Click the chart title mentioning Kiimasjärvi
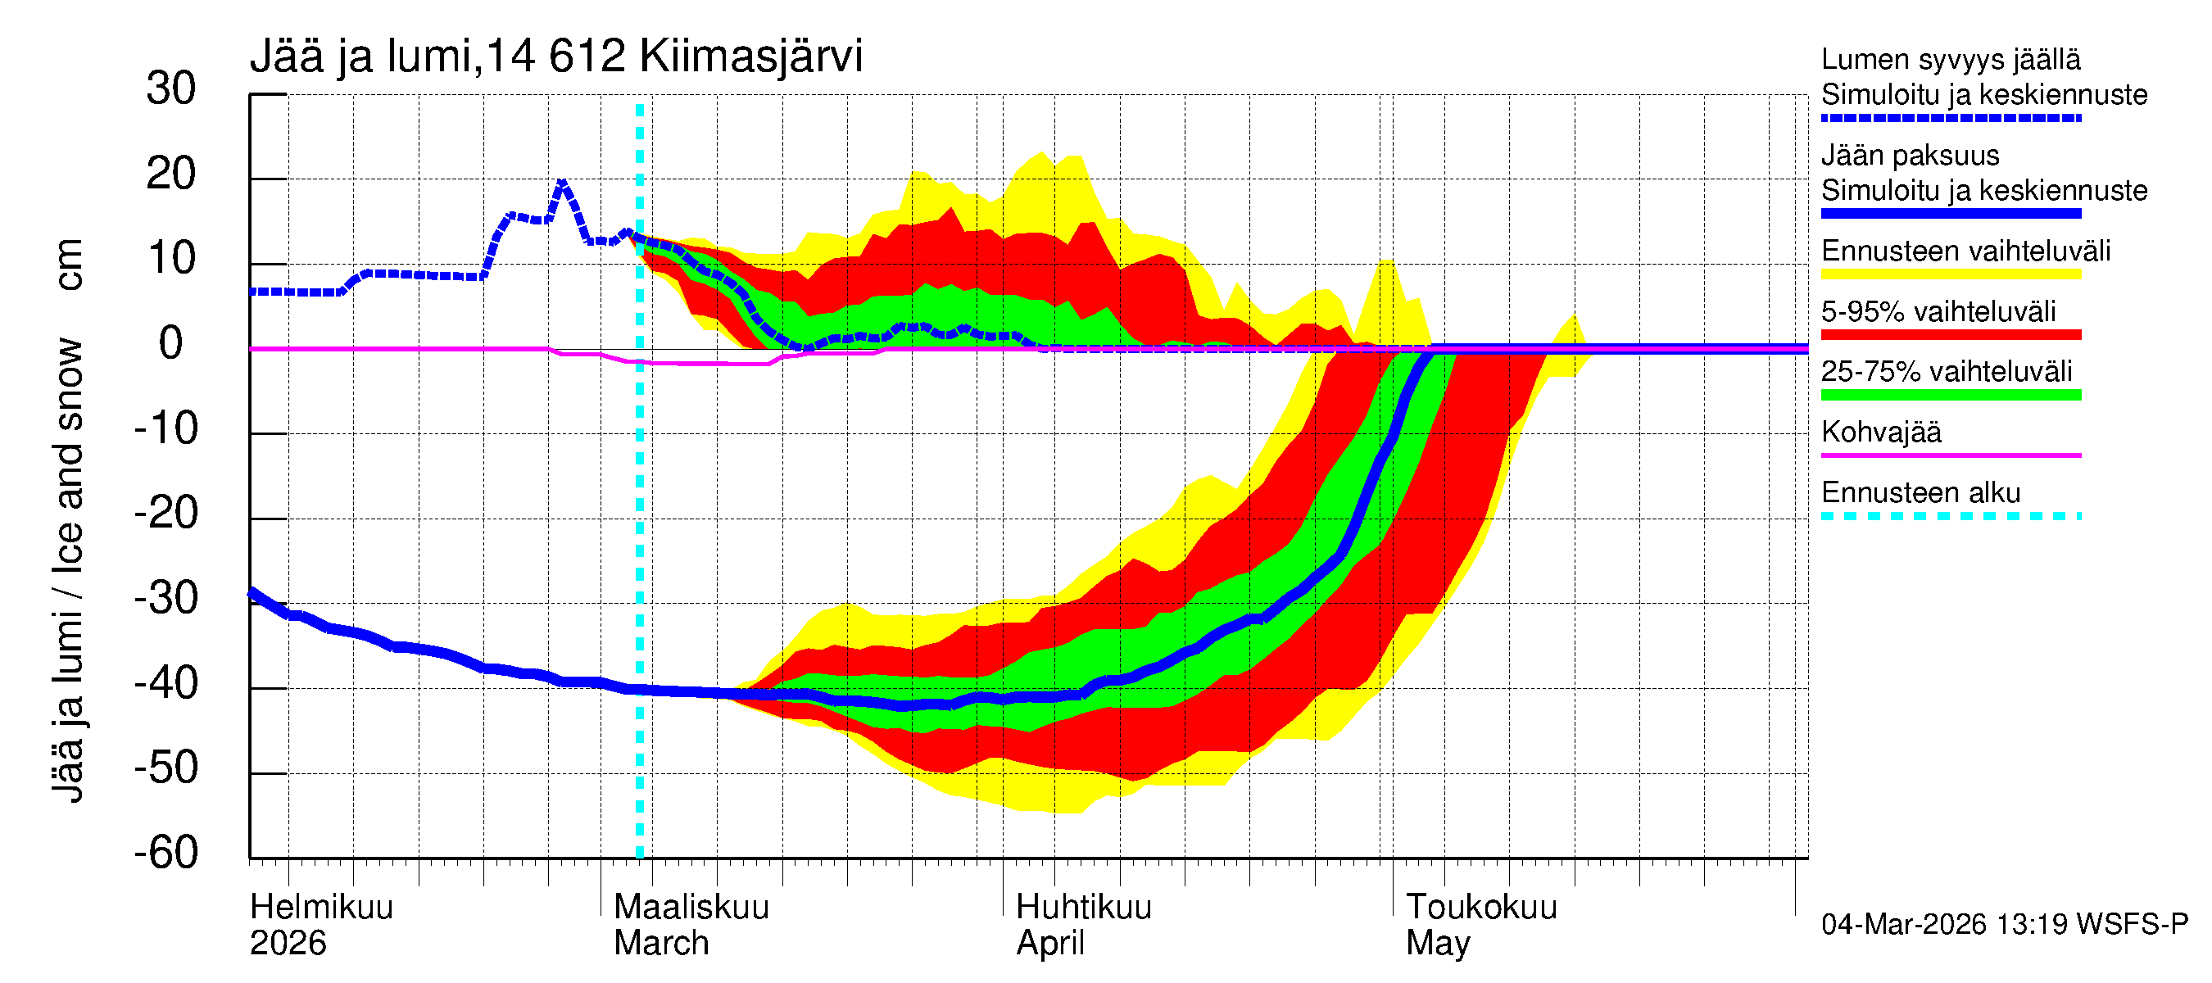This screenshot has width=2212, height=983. (555, 57)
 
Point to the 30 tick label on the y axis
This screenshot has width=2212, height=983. (171, 88)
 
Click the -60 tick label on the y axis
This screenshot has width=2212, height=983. (165, 853)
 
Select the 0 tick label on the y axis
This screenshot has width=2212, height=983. (171, 343)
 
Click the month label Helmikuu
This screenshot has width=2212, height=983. (321, 907)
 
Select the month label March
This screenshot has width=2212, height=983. (660, 943)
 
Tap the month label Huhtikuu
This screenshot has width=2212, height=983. (1083, 907)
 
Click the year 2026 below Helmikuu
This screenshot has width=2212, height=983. (288, 943)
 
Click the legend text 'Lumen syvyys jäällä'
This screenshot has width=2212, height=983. (1950, 59)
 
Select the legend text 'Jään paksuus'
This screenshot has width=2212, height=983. (1910, 156)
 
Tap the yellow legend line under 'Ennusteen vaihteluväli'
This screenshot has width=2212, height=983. (1950, 274)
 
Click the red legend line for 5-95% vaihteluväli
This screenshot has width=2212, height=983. (1950, 335)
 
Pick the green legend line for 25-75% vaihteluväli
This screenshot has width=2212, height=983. (1950, 395)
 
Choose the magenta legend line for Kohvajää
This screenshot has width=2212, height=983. (1950, 455)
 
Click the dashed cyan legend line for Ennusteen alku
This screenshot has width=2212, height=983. (1950, 516)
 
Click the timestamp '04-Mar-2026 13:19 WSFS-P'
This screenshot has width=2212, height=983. (2004, 924)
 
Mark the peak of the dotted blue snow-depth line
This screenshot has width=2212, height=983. (561, 182)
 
